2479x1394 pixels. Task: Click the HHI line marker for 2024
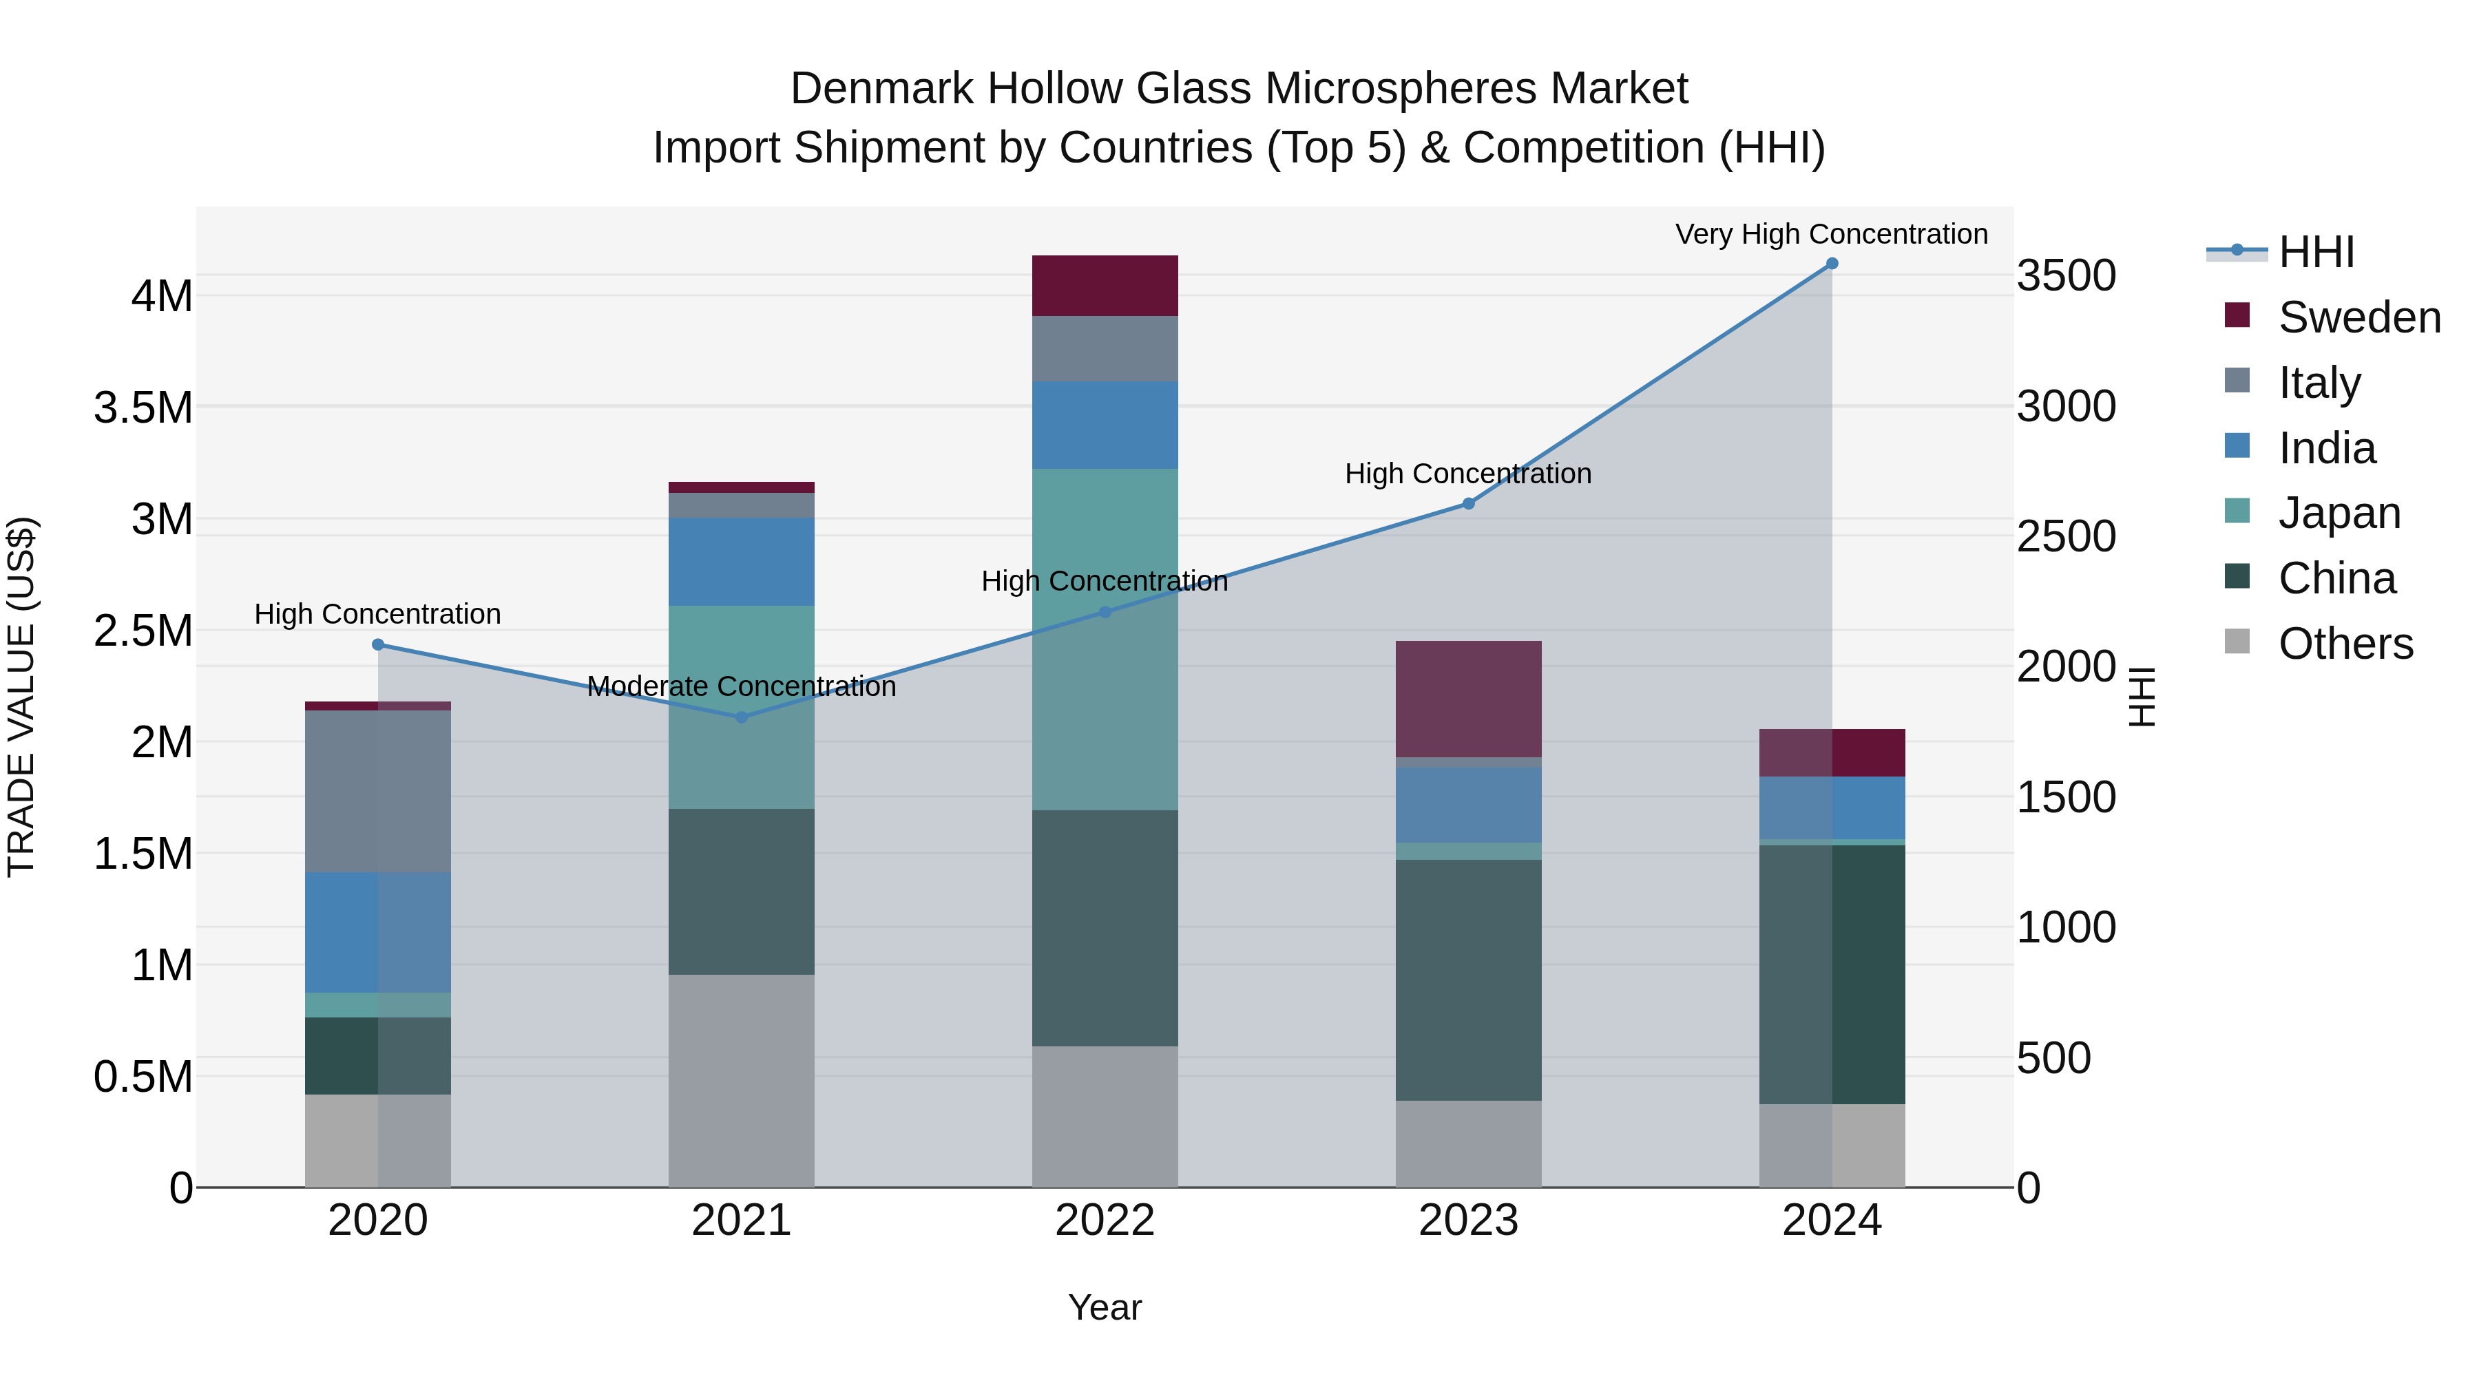pos(1831,264)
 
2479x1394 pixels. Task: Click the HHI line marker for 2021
pos(741,717)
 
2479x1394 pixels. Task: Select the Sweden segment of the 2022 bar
pos(1105,286)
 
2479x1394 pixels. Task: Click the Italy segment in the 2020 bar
pos(377,791)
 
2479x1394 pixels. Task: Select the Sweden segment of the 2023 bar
pos(1469,699)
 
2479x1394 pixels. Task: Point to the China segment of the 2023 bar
pos(1469,980)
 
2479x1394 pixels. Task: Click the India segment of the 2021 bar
pos(741,562)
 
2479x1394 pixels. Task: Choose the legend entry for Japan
pos(2339,513)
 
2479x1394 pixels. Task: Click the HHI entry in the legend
pos(2316,252)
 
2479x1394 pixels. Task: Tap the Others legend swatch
pos(2237,641)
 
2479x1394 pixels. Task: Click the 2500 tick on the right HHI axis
pos(2066,537)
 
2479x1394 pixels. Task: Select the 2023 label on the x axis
pos(1469,1220)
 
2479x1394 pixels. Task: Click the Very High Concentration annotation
pos(1831,234)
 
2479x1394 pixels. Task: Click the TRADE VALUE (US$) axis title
pos(21,697)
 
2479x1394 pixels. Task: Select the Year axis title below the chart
pos(1105,1307)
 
